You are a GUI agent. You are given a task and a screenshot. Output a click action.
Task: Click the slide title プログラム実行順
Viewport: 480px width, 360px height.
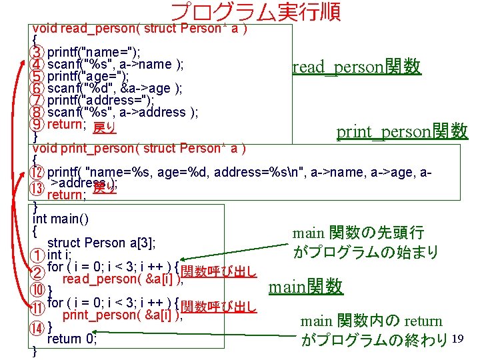(x=256, y=11)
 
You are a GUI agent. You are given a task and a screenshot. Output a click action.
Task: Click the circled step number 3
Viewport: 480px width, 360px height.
(x=39, y=52)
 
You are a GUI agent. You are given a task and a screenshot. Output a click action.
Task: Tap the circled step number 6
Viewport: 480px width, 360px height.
(x=39, y=88)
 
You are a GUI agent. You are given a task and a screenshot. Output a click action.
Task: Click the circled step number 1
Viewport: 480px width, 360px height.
(x=39, y=255)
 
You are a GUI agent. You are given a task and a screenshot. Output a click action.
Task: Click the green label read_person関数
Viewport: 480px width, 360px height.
(x=357, y=67)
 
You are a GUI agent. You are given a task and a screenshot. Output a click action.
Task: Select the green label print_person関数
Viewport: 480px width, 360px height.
(x=402, y=131)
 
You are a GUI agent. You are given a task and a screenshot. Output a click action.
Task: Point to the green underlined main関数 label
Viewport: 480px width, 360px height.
(x=305, y=287)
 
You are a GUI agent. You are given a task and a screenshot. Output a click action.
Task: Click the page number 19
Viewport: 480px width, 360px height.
(x=457, y=339)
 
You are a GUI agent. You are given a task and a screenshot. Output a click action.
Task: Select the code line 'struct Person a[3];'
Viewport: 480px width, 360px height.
(x=96, y=242)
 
